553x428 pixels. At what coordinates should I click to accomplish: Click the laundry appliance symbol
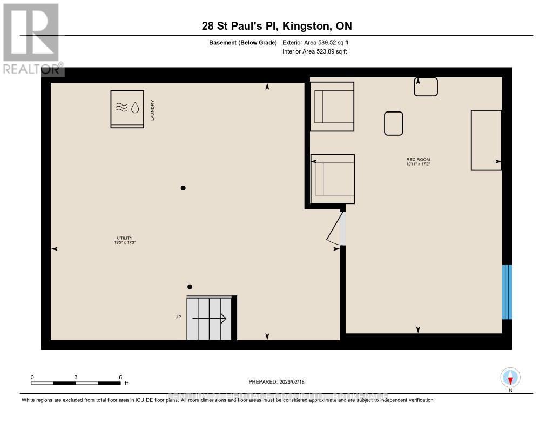(127, 109)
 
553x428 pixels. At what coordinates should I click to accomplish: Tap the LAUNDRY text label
(153, 110)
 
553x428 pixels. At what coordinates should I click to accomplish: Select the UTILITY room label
(125, 240)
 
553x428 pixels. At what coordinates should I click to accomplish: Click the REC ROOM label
(418, 161)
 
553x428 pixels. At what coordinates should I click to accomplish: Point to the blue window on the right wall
(507, 292)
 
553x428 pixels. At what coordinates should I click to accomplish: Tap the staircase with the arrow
(209, 319)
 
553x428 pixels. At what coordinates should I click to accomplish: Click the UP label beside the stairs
(178, 317)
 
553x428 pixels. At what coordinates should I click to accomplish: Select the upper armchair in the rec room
(332, 107)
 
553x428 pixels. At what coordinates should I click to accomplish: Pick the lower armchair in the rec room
(333, 179)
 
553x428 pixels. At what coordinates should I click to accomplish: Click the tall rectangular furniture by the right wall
(486, 140)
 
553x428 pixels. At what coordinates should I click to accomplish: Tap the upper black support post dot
(183, 188)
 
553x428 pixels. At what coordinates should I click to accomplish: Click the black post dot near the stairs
(190, 287)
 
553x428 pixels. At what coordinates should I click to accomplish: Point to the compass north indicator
(510, 377)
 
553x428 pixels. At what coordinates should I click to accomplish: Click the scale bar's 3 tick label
(76, 377)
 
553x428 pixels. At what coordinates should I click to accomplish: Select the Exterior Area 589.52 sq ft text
(319, 42)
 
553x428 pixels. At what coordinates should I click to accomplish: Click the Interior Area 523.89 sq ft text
(314, 52)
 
